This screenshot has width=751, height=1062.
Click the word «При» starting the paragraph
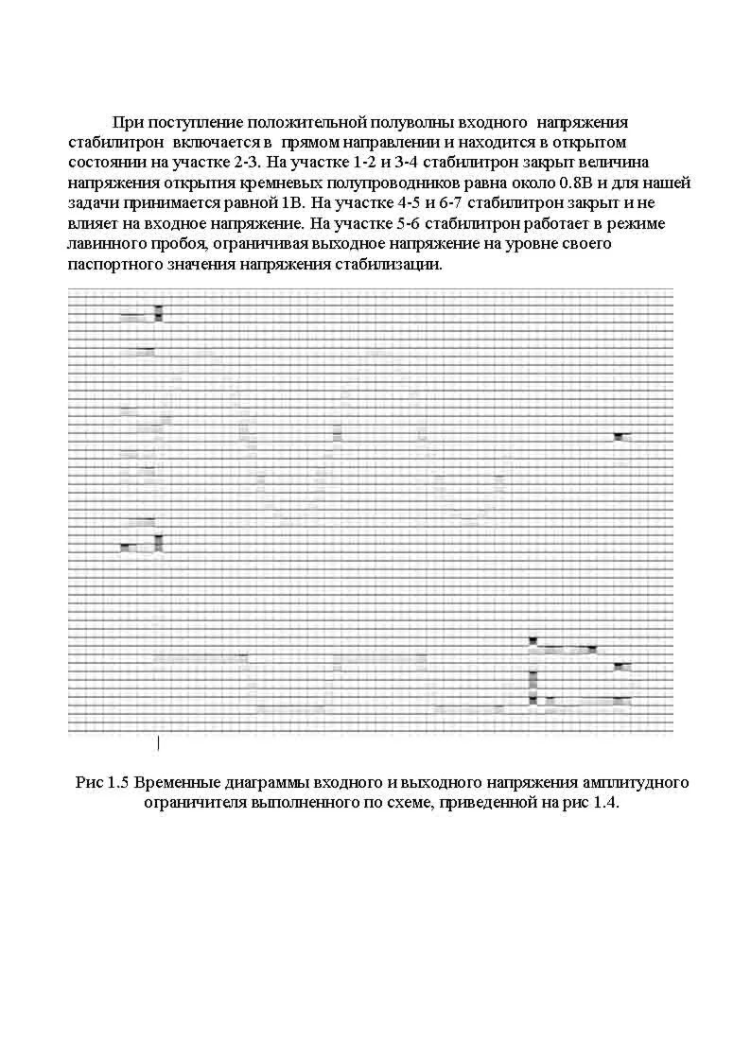(x=126, y=123)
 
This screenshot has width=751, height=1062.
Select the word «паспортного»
(x=114, y=265)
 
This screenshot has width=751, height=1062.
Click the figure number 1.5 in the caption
(x=117, y=783)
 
